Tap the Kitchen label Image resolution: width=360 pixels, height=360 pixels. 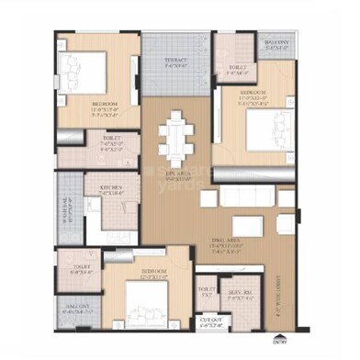click(x=111, y=189)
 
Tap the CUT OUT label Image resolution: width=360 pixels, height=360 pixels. click(x=210, y=322)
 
